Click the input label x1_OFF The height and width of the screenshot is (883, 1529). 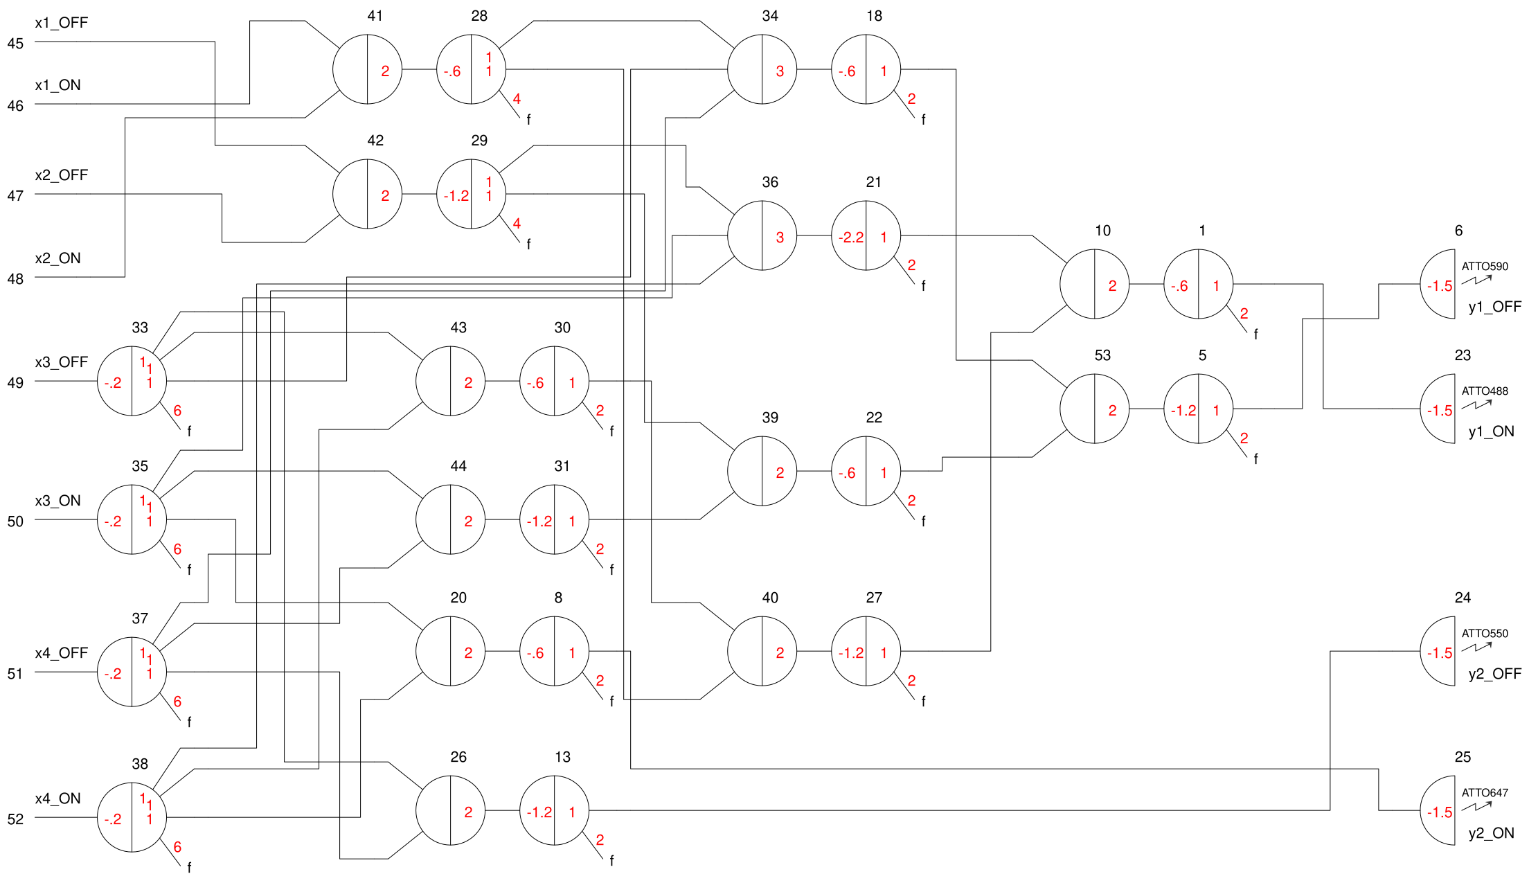[61, 23]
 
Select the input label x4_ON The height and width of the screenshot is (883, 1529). [57, 799]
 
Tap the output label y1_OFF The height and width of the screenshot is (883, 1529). [1494, 307]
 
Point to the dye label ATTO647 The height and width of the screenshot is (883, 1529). [1484, 793]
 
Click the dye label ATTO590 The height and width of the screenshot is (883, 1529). [1484, 267]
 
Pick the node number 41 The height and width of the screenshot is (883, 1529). [375, 16]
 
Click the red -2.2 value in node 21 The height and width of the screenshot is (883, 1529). [850, 238]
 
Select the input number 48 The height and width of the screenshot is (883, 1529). [15, 279]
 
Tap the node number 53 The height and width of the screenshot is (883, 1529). [1102, 355]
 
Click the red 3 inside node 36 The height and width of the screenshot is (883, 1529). [780, 238]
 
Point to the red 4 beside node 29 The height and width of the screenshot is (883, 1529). [517, 224]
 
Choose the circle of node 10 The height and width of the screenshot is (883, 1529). [1094, 285]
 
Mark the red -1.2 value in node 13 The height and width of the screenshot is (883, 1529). [539, 812]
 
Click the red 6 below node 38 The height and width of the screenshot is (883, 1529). [177, 847]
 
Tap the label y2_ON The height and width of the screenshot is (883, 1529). [1491, 833]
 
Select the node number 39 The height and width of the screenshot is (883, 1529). [770, 418]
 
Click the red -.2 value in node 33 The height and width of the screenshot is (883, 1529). [112, 383]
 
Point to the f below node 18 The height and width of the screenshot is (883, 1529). [923, 120]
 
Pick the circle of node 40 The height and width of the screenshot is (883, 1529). [762, 652]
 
